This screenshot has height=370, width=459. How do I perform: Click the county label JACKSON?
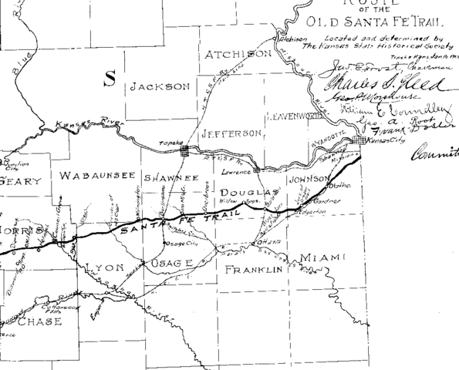(x=159, y=88)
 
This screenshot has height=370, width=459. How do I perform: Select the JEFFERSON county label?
(x=230, y=133)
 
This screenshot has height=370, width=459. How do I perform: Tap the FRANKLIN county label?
(x=251, y=270)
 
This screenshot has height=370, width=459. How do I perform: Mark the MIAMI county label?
(x=322, y=257)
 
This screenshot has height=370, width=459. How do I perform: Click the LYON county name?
(x=103, y=267)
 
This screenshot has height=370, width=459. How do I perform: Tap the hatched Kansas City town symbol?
(x=357, y=140)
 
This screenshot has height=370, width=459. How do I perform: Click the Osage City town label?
(x=182, y=244)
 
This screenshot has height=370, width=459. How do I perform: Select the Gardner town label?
(x=324, y=201)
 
